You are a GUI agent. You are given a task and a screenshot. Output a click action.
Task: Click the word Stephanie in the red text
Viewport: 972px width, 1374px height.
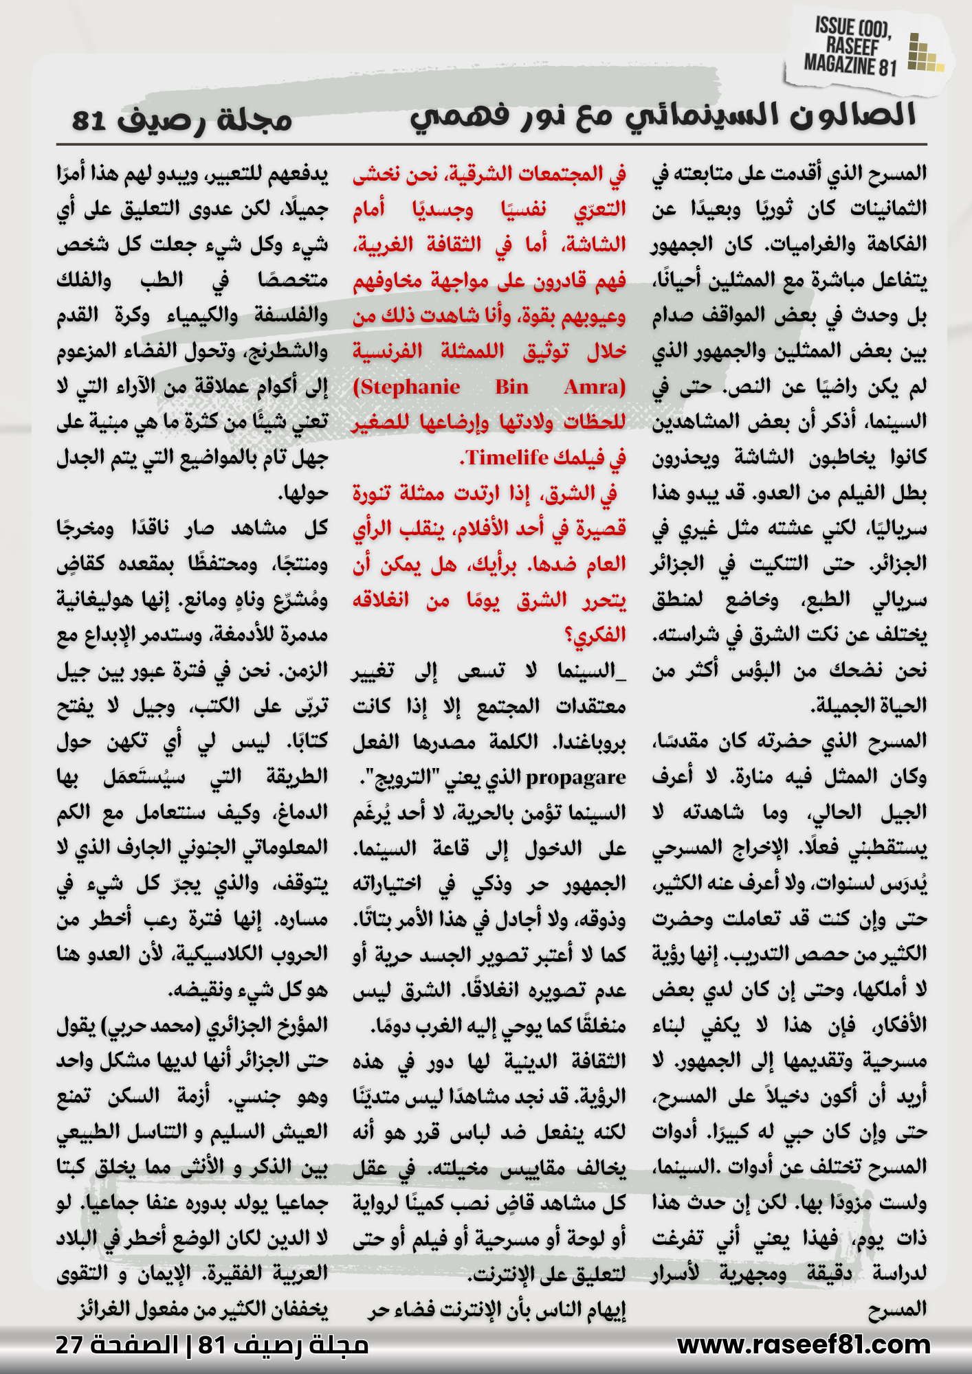click(x=406, y=387)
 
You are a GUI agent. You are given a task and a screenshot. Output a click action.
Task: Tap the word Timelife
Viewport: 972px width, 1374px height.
click(x=507, y=458)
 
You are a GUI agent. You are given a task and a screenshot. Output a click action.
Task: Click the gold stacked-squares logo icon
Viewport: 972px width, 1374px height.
click(x=924, y=54)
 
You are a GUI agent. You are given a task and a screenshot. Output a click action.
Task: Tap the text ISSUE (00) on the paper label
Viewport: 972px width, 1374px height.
click(x=852, y=28)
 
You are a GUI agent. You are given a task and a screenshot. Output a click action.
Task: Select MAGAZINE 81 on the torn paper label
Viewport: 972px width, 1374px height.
click(x=850, y=66)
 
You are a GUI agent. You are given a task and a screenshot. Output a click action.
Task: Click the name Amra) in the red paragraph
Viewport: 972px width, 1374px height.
click(x=595, y=387)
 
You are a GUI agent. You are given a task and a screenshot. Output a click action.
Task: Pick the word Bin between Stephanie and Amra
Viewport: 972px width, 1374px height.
click(x=511, y=387)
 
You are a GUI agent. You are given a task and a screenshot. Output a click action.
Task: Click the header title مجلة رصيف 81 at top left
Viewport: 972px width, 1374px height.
click(x=181, y=120)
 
